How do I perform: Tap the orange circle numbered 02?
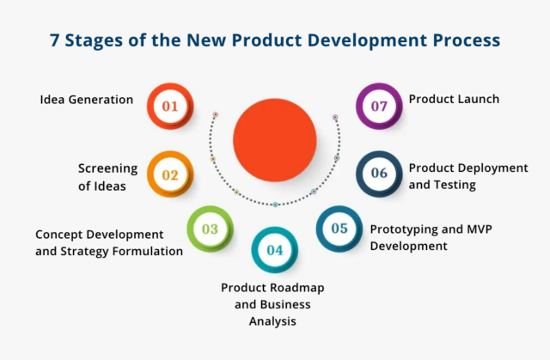[170, 175]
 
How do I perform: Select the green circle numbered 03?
[211, 229]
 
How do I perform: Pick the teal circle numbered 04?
[274, 250]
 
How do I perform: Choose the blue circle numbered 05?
[339, 229]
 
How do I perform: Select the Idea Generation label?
[87, 100]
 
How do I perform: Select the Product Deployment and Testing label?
[467, 175]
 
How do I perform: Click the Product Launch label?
[454, 100]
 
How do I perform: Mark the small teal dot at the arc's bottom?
[275, 204]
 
